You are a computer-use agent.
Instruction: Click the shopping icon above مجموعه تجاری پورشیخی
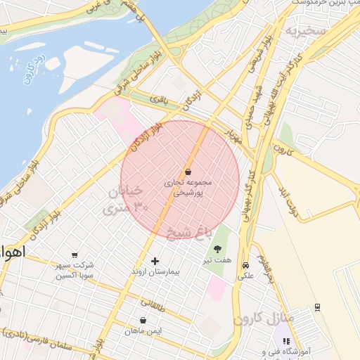(188, 172)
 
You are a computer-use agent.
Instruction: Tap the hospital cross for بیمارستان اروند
(155, 261)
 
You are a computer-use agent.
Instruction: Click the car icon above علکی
(245, 265)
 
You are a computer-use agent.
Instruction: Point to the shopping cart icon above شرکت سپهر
(75, 255)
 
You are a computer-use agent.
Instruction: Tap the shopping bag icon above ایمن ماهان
(143, 320)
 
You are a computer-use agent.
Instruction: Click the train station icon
(318, 306)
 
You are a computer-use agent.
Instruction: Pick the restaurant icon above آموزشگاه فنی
(285, 340)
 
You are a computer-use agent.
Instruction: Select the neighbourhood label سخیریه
(306, 32)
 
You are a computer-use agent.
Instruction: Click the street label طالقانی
(154, 304)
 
